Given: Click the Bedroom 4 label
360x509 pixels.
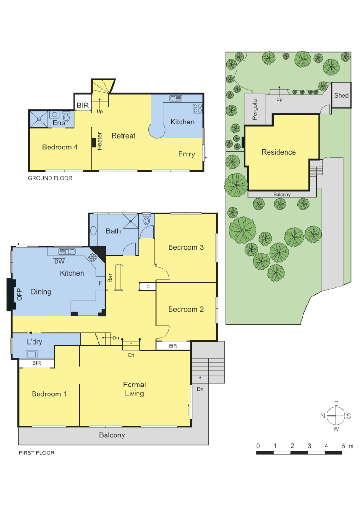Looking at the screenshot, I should (x=60, y=147).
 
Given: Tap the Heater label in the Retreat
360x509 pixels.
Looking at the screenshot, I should (x=100, y=141).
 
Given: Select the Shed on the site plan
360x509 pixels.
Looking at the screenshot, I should (x=341, y=95).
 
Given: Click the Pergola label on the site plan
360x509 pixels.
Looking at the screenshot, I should (x=255, y=109).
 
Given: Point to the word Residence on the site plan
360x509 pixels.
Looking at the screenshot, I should (x=278, y=152).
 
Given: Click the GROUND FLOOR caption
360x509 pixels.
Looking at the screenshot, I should (x=50, y=178).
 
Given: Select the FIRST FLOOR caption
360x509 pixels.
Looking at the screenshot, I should (x=36, y=453).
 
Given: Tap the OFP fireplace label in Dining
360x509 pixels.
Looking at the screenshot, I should (x=20, y=294).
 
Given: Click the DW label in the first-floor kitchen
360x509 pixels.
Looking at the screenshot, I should (x=59, y=262).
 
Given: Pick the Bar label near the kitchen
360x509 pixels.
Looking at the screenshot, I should (x=110, y=278).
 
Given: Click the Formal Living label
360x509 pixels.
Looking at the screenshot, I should (x=134, y=389).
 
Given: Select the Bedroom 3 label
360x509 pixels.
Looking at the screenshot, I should (x=186, y=247).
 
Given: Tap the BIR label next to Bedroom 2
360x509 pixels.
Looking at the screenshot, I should (x=173, y=346).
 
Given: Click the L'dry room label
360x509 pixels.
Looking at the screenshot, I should (x=35, y=341).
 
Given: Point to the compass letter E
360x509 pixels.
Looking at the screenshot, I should (x=336, y=403).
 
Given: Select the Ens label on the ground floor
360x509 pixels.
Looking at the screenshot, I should (x=58, y=123).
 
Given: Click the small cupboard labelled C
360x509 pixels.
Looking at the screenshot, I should (x=148, y=286).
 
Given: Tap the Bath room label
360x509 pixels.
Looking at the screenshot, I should (x=113, y=231).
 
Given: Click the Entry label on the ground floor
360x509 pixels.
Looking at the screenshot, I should (x=186, y=154).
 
